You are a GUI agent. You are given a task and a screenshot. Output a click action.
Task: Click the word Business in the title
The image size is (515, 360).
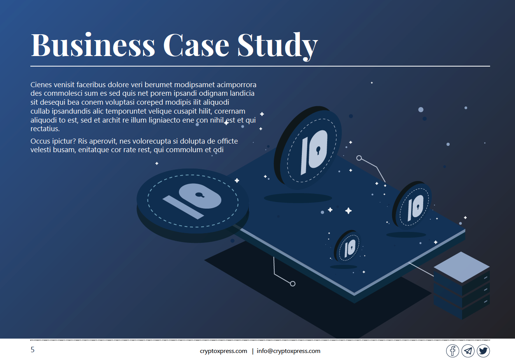[x=93, y=45]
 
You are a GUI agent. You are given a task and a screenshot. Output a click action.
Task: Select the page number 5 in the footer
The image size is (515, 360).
[x=33, y=349]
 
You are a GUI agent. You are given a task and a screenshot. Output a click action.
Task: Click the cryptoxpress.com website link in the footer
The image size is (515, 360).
[x=223, y=351]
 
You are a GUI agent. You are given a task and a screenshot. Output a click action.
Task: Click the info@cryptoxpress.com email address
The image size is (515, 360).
[x=288, y=351]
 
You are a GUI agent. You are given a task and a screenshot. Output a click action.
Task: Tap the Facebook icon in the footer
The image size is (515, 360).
[x=452, y=351]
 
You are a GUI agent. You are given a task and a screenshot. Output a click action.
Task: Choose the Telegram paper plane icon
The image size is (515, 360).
[x=468, y=351]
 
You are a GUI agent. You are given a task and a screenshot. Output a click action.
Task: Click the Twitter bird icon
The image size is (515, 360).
[x=483, y=351]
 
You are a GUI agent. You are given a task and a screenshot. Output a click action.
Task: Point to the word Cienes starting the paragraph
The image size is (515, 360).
[x=41, y=84]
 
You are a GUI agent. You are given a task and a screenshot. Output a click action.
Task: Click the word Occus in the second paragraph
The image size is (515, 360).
[x=40, y=141]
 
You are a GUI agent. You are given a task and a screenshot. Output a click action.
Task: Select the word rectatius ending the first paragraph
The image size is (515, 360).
[x=45, y=129]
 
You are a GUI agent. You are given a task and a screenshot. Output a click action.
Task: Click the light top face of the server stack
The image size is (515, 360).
[x=461, y=267]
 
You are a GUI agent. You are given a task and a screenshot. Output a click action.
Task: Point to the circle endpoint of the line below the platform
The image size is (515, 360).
[x=293, y=284]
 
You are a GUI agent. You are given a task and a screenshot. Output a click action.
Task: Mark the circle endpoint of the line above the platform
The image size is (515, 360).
[x=359, y=158]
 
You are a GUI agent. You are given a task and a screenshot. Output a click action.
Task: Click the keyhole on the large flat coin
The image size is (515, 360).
[x=200, y=195]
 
